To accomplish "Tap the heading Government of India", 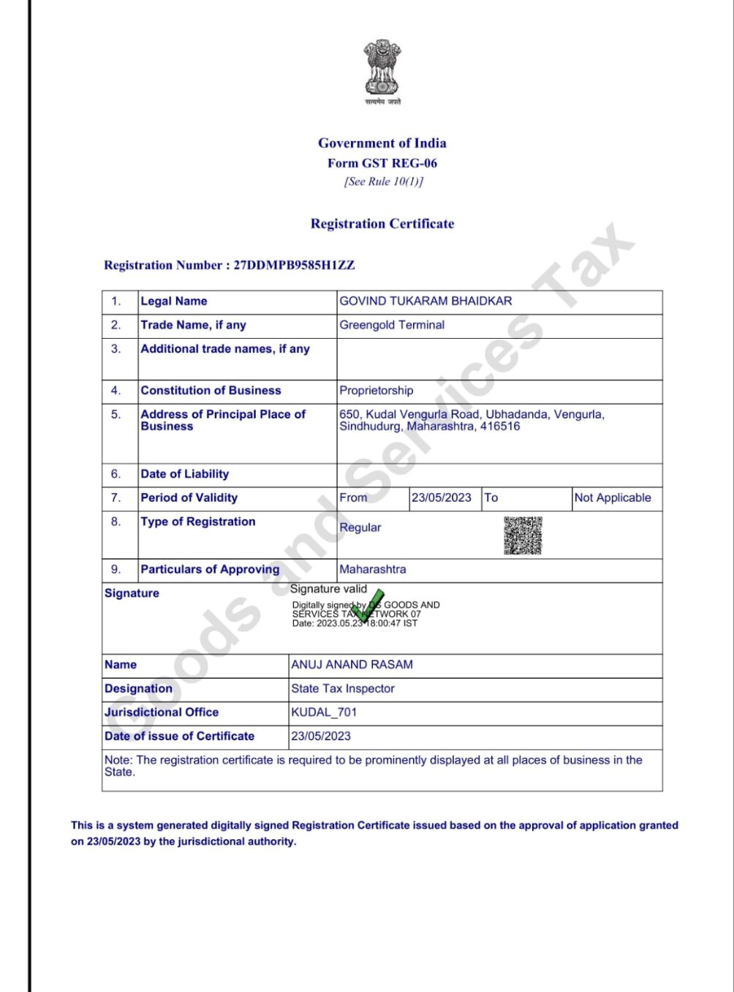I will coord(382,143).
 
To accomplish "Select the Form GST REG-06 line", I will coord(382,163).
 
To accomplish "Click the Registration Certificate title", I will coord(382,224).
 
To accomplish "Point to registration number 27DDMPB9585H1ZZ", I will coord(294,266).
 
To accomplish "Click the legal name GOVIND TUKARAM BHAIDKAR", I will coord(425,301).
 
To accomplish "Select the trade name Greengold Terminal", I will coord(392,326).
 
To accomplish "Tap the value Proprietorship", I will coord(376,391).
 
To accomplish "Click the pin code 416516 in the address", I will coord(500,427).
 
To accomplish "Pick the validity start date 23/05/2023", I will coord(442,498).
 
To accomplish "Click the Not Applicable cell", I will coord(613,498).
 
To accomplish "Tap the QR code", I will coord(523,536).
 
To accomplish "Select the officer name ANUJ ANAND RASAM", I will coord(352,665).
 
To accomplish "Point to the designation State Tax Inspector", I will coord(343,689).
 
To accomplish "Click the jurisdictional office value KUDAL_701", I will coord(324,713).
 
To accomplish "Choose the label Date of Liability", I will coord(184,474).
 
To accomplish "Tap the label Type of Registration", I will coord(198,522).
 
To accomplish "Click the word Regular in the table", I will coord(360,527).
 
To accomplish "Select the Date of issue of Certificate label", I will coord(179,737).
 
